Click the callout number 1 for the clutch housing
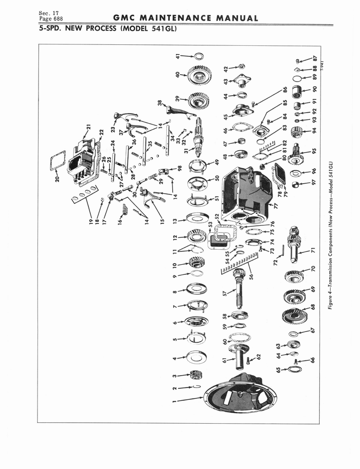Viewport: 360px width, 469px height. point(175,400)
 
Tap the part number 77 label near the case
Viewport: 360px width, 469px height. point(276,206)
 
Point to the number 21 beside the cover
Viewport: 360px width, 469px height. point(88,128)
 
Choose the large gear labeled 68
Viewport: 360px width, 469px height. point(295,315)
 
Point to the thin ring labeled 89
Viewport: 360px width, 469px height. point(297,79)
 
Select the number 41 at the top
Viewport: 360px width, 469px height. point(178,56)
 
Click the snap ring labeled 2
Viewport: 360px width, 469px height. point(196,387)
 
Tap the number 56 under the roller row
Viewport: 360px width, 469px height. point(251,275)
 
